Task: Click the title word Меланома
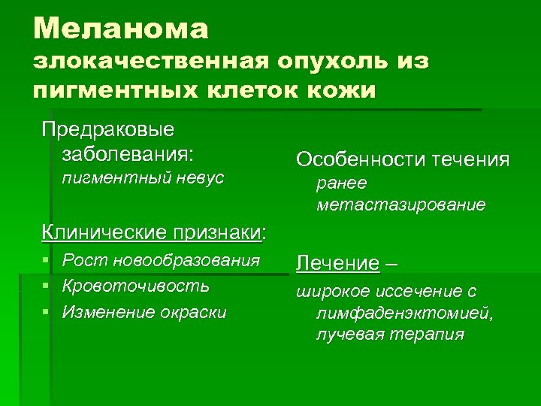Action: point(121,29)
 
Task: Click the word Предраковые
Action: point(108,130)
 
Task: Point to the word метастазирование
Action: point(401,204)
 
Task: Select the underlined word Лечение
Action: point(337,263)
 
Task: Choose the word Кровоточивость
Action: point(136,286)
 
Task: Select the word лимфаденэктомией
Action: point(404,312)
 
